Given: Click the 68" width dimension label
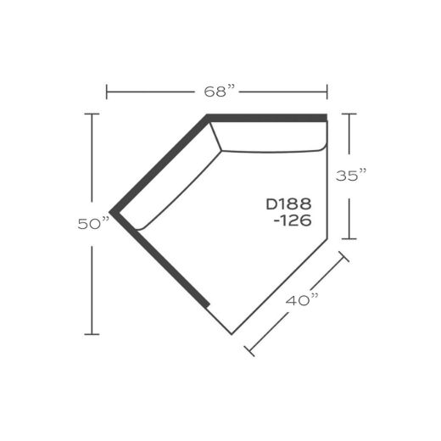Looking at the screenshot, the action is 220,92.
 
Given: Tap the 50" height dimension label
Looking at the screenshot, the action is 93,224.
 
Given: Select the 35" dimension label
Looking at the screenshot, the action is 351,176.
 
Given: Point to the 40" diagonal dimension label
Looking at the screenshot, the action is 302,300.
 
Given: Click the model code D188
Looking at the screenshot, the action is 288,204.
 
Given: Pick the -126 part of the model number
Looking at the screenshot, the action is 293,220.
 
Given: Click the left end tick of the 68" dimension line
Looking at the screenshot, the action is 107,92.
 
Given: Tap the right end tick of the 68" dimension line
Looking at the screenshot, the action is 327,92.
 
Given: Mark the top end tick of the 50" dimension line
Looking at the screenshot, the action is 92,114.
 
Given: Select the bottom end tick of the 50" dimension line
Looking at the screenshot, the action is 92,334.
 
